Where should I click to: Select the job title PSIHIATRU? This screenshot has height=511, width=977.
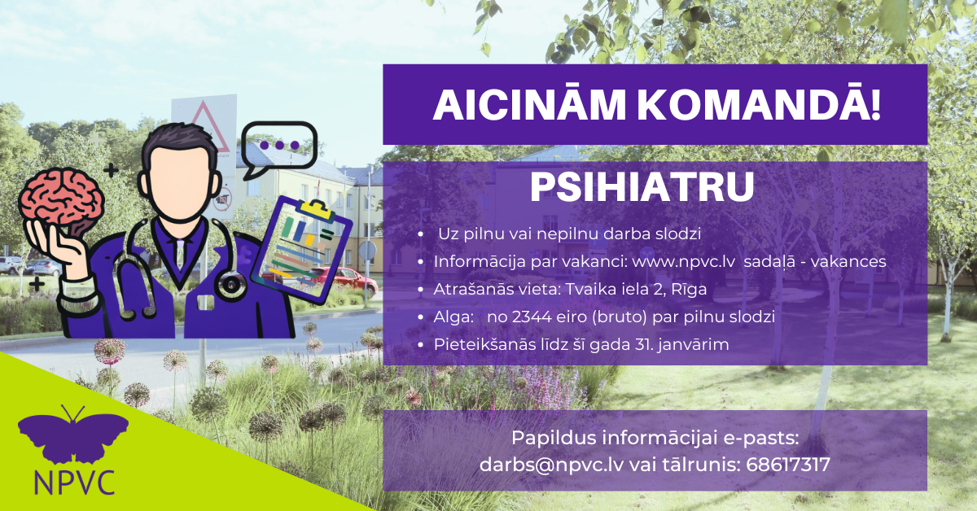642,186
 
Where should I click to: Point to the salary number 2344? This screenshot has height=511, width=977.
532,317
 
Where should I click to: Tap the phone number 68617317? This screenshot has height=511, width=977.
788,465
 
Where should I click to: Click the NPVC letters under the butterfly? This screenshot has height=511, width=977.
74,482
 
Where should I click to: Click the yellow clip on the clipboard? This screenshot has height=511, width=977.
315,209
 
